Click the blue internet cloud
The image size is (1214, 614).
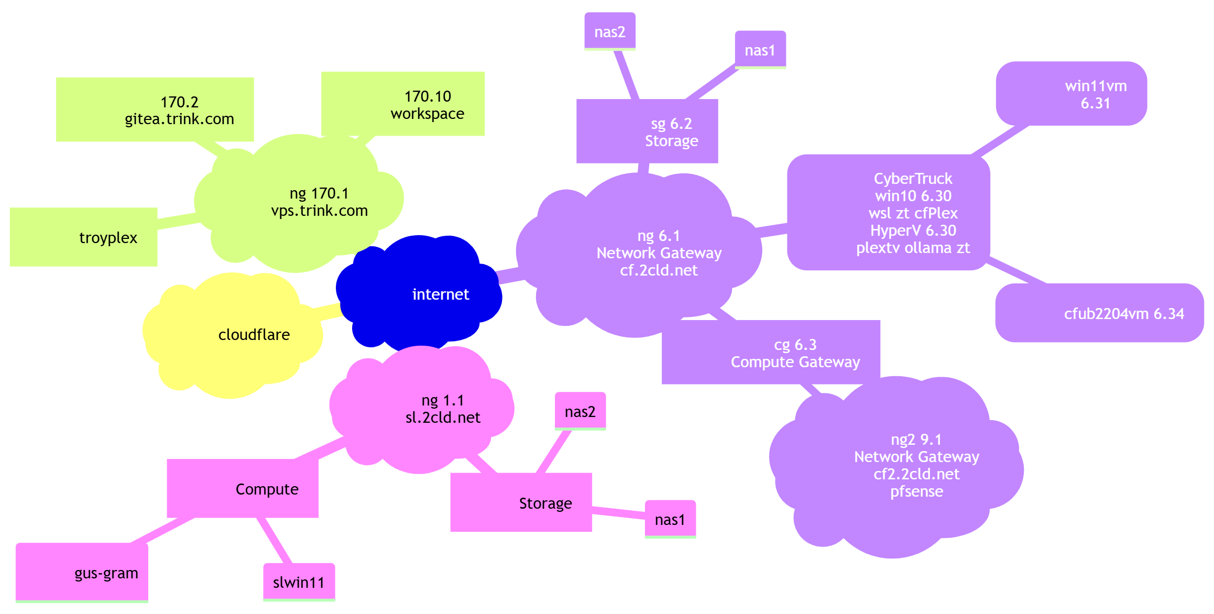[x=419, y=293]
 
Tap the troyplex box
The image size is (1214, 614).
[x=84, y=237]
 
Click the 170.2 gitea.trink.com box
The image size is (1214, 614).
[x=155, y=109]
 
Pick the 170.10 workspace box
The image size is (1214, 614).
[x=403, y=104]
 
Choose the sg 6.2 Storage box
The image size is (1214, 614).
[x=647, y=131]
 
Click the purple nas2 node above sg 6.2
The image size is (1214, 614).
[x=610, y=31]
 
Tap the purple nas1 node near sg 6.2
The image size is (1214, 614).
[x=760, y=50]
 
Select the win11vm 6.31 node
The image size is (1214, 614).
[x=1071, y=94]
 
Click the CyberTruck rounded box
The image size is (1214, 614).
[x=889, y=212]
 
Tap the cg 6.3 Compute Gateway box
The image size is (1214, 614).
[x=771, y=352]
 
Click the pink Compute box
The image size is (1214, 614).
[x=243, y=488]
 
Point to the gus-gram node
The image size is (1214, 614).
[x=82, y=572]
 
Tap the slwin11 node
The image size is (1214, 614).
[x=299, y=582]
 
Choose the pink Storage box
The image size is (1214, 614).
[x=521, y=502]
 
